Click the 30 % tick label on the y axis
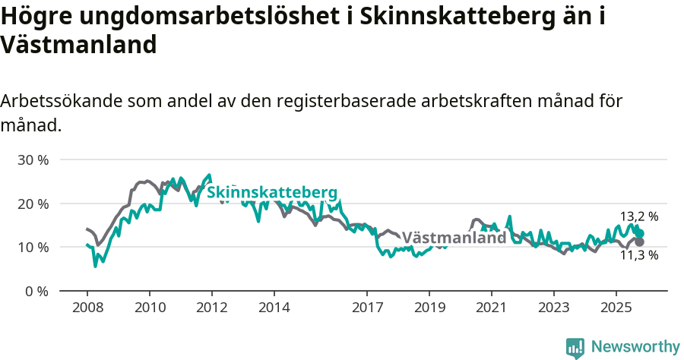[33, 160]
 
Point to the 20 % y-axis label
[33, 204]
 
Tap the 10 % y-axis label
[33, 248]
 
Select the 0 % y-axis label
[36, 291]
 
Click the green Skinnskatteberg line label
[272, 191]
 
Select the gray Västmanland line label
[454, 238]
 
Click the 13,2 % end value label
[639, 216]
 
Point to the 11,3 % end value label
[639, 255]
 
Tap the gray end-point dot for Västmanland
[640, 242]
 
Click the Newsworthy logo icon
[575, 348]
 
